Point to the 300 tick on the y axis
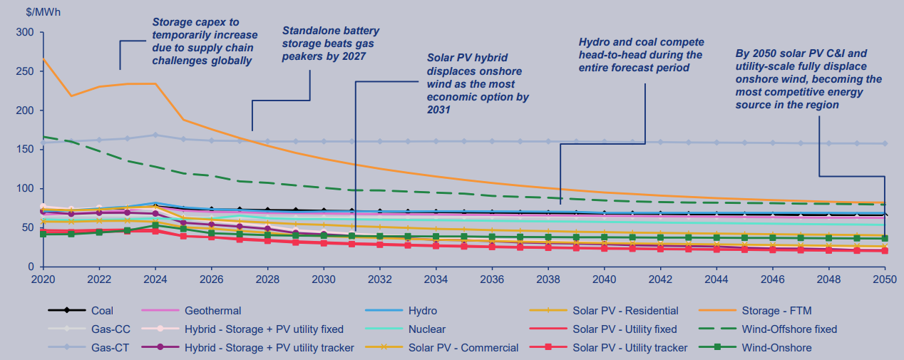coord(24,33)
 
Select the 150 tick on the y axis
coord(24,150)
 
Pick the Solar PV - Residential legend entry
coord(625,311)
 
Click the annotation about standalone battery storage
coord(331,43)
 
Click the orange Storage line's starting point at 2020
coord(43,59)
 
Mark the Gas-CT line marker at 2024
coord(155,135)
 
